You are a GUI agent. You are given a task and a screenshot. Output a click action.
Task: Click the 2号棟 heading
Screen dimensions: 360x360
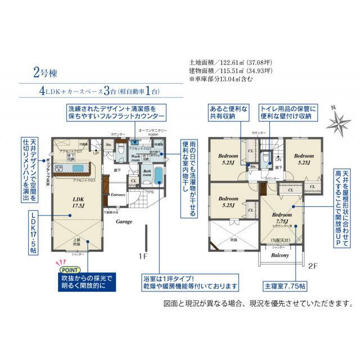tap(50, 73)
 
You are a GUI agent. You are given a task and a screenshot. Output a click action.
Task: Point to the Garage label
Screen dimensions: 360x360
tap(124, 222)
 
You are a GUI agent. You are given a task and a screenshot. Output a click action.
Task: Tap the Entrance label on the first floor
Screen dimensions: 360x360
tap(118, 195)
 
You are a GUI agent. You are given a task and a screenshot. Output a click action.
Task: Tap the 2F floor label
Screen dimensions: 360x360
tap(314, 262)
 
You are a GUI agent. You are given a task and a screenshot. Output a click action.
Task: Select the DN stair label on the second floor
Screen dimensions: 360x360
tap(277, 160)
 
